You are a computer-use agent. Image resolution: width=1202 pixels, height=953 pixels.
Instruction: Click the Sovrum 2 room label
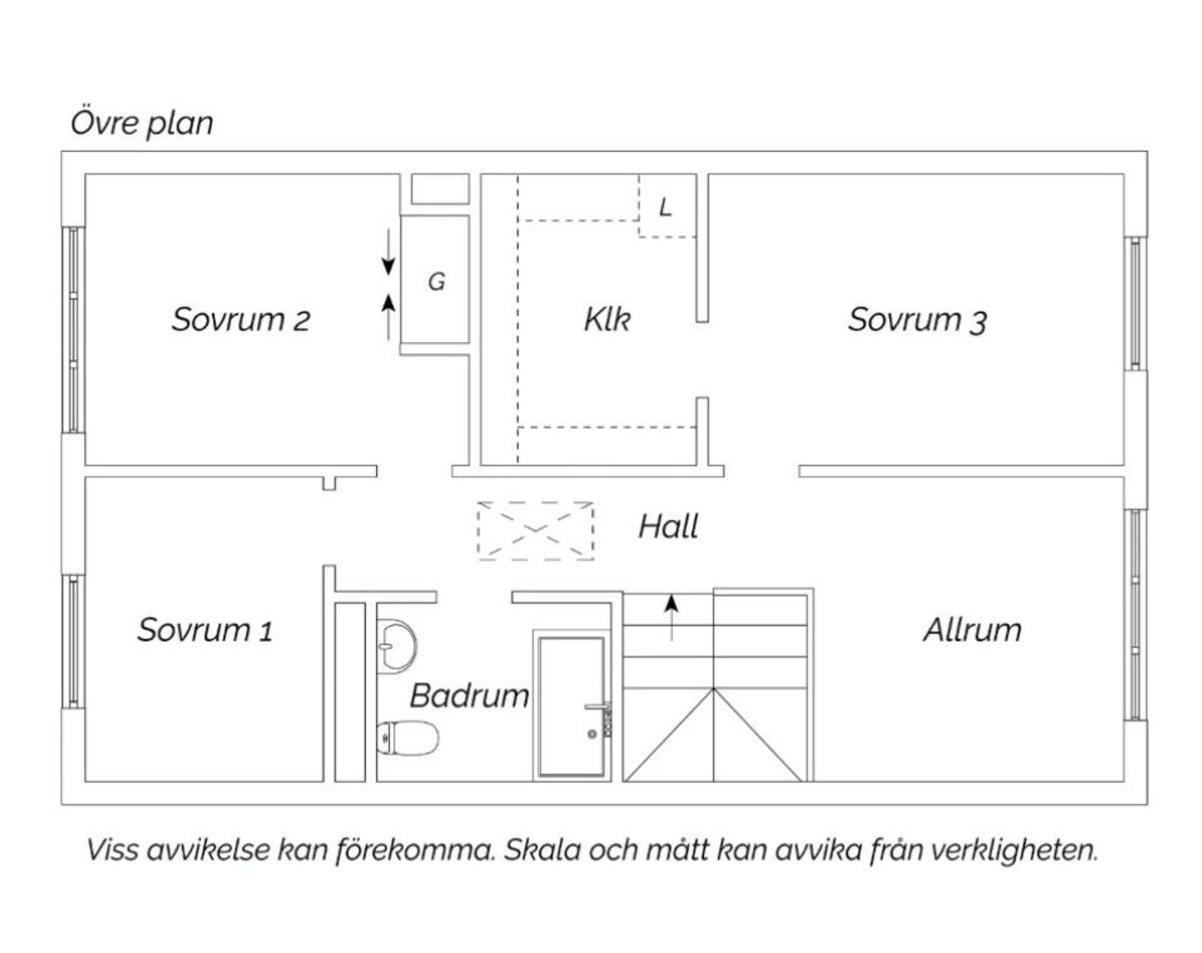pyautogui.click(x=240, y=320)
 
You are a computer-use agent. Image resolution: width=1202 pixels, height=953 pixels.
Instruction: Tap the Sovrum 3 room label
pyautogui.click(x=917, y=320)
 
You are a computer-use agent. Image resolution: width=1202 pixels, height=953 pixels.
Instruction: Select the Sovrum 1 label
pyautogui.click(x=205, y=630)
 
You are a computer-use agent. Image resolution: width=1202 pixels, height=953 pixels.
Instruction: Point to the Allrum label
pyautogui.click(x=972, y=630)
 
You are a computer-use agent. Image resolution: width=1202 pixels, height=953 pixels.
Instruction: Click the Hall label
pyautogui.click(x=668, y=527)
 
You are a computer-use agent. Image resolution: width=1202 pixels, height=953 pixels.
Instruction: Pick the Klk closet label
pyautogui.click(x=607, y=320)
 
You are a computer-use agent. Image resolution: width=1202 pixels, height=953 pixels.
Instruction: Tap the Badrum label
pyautogui.click(x=470, y=696)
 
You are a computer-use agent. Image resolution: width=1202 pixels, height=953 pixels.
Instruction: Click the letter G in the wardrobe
pyautogui.click(x=437, y=281)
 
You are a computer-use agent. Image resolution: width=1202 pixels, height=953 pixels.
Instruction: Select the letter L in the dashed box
pyautogui.click(x=664, y=207)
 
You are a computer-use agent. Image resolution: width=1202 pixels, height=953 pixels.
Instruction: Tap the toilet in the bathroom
pyautogui.click(x=407, y=739)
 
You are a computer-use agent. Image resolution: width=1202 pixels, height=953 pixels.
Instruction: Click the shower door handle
pyautogui.click(x=597, y=707)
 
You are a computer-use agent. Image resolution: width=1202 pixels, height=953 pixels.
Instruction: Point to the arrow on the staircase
pyautogui.click(x=671, y=618)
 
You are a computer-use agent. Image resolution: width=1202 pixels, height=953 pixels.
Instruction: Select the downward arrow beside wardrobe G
pyautogui.click(x=388, y=252)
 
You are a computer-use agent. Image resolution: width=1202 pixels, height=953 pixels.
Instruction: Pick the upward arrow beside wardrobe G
pyautogui.click(x=388, y=317)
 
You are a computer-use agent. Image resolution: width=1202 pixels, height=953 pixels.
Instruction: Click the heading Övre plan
pyautogui.click(x=142, y=123)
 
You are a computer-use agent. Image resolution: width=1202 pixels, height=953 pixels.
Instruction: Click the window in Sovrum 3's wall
pyautogui.click(x=1135, y=303)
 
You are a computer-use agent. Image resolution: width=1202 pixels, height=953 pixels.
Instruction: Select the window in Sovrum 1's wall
pyautogui.click(x=73, y=642)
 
